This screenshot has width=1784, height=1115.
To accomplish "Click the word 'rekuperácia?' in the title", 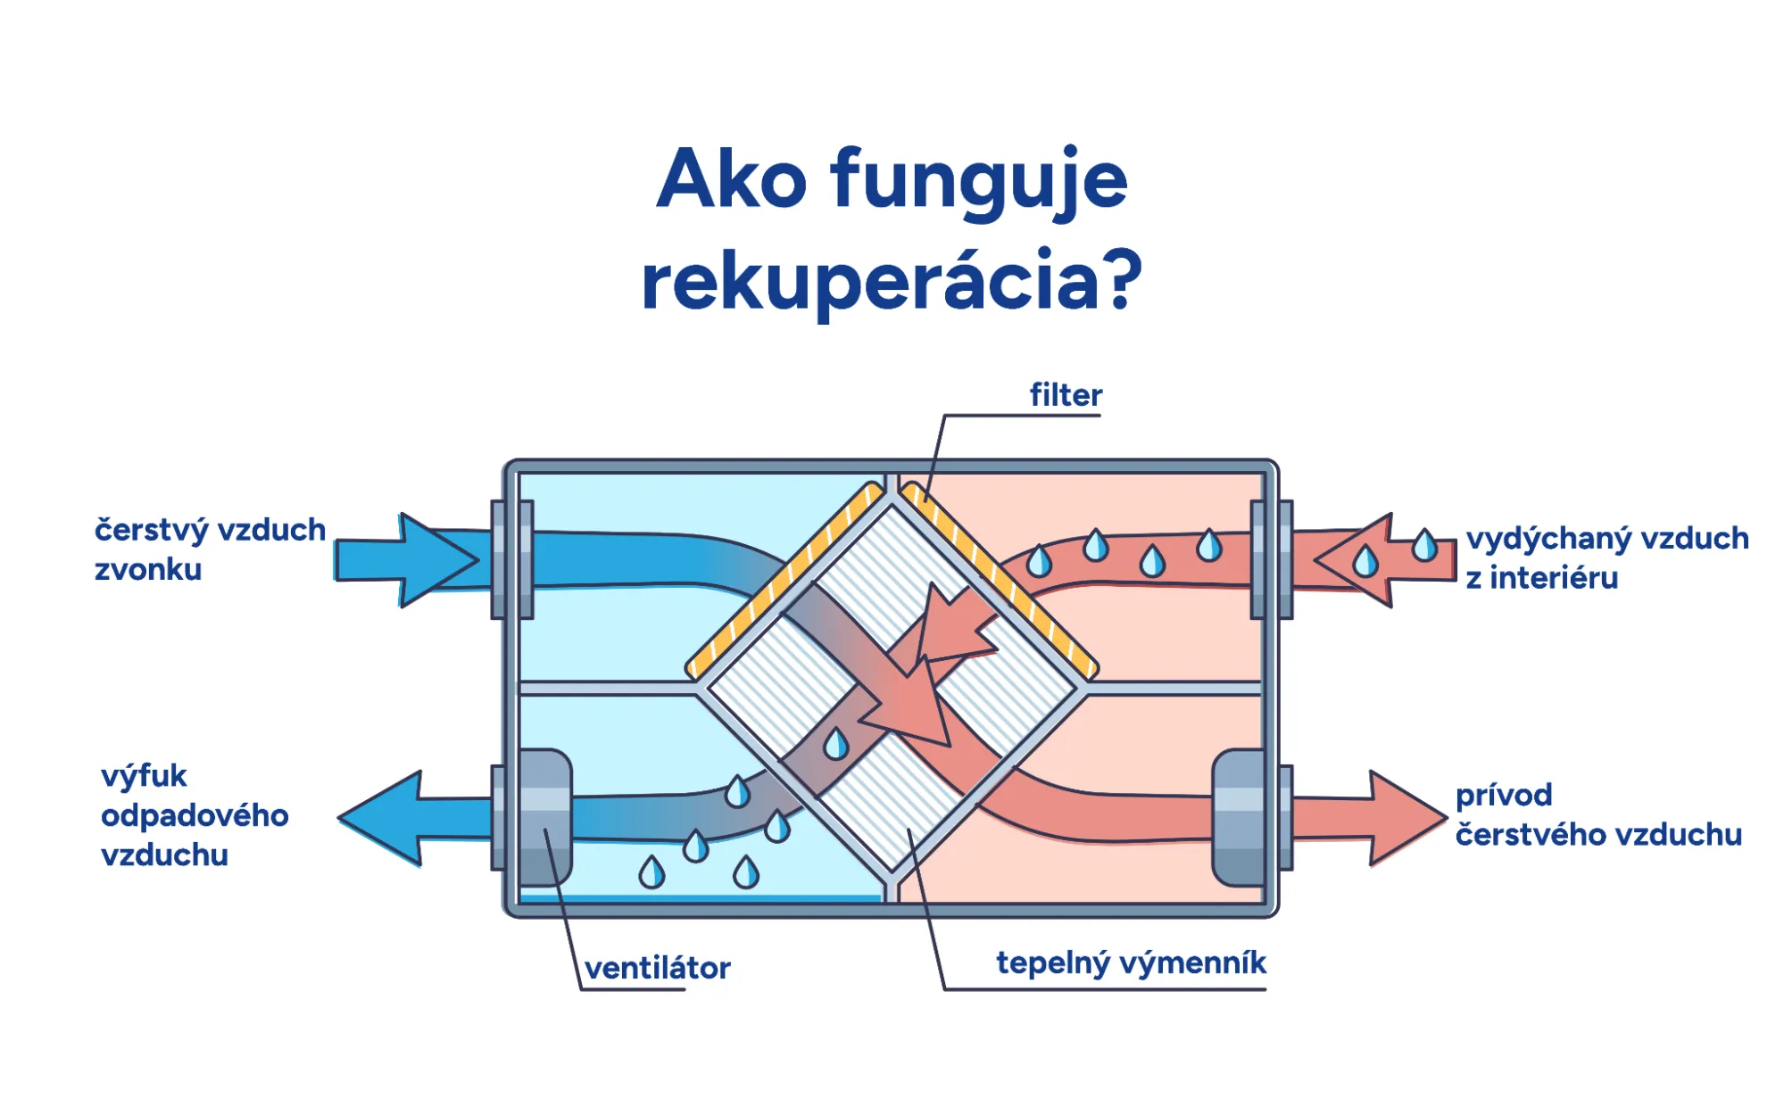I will (x=892, y=280).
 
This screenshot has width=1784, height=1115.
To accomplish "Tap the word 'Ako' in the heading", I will (x=731, y=179).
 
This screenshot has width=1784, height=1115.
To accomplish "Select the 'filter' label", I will (x=1066, y=394).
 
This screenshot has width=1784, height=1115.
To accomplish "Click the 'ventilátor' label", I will (x=657, y=967).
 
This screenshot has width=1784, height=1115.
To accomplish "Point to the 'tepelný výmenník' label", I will (x=1131, y=962).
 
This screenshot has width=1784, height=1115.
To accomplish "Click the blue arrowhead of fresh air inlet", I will (x=437, y=560).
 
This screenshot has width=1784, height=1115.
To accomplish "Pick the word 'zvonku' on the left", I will (x=148, y=569).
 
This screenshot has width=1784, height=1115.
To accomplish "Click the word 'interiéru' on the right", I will (x=1553, y=578).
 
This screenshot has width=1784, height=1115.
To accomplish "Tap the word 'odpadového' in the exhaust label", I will (x=195, y=815).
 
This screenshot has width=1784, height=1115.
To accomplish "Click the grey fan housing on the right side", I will (x=1239, y=817).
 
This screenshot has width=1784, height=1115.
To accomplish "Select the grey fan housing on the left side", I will (x=544, y=817).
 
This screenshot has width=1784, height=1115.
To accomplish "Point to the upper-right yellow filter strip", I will (x=1000, y=580).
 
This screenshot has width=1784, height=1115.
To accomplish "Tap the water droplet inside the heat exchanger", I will (x=836, y=744).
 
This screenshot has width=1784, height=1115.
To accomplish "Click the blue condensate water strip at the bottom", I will (x=701, y=898).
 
